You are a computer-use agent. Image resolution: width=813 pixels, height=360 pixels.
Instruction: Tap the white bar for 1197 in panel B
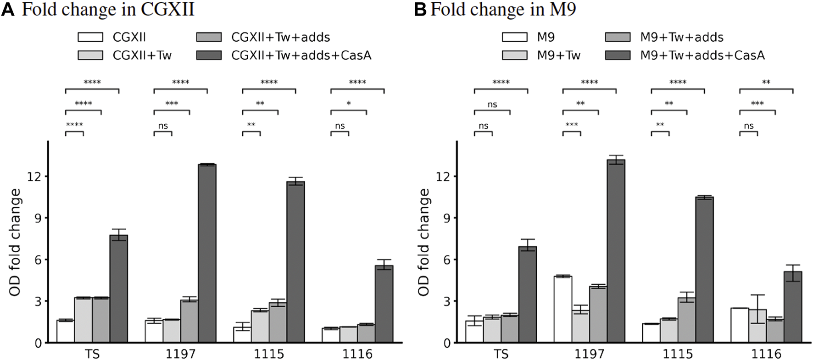pos(562,310)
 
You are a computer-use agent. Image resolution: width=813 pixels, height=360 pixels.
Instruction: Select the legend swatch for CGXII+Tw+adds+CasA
pos(209,55)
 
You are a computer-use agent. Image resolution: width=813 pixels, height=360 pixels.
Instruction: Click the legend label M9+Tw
pos(558,55)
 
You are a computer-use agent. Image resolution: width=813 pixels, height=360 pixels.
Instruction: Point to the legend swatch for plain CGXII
pos(90,37)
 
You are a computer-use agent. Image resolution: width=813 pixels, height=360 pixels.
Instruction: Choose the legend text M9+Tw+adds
pos(681,37)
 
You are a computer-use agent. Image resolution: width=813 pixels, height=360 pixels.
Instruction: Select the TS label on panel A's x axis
pos(92,354)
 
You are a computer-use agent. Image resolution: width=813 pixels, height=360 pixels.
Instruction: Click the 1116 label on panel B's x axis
pos(766,354)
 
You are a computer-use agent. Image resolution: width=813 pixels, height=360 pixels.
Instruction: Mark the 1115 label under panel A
pos(269,354)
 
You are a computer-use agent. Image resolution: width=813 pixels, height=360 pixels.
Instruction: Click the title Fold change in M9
pos(503,9)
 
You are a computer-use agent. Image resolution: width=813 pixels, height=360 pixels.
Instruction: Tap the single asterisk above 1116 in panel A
pos(349,104)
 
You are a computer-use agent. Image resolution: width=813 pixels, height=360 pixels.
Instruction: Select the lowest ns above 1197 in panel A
pos(163,126)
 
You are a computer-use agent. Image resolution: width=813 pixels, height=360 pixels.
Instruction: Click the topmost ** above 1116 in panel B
pos(766,83)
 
